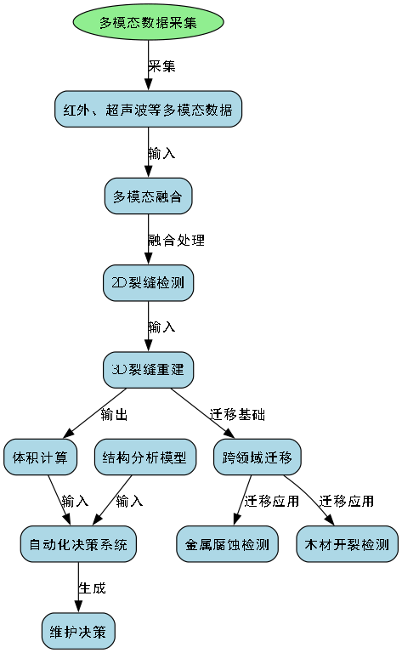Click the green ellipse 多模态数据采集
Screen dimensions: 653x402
click(x=149, y=22)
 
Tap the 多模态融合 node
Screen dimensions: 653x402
click(x=149, y=196)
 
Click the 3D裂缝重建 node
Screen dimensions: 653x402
click(x=149, y=370)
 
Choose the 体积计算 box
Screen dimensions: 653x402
click(x=41, y=457)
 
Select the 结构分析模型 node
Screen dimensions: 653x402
click(x=144, y=457)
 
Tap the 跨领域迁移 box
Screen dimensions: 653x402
click(x=258, y=457)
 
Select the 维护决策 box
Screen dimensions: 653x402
click(x=78, y=632)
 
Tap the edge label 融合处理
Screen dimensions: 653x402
click(x=176, y=240)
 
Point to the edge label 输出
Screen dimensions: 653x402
click(x=114, y=415)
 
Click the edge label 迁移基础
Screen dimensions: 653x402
click(x=237, y=415)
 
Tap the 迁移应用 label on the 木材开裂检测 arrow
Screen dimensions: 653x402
click(x=346, y=501)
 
